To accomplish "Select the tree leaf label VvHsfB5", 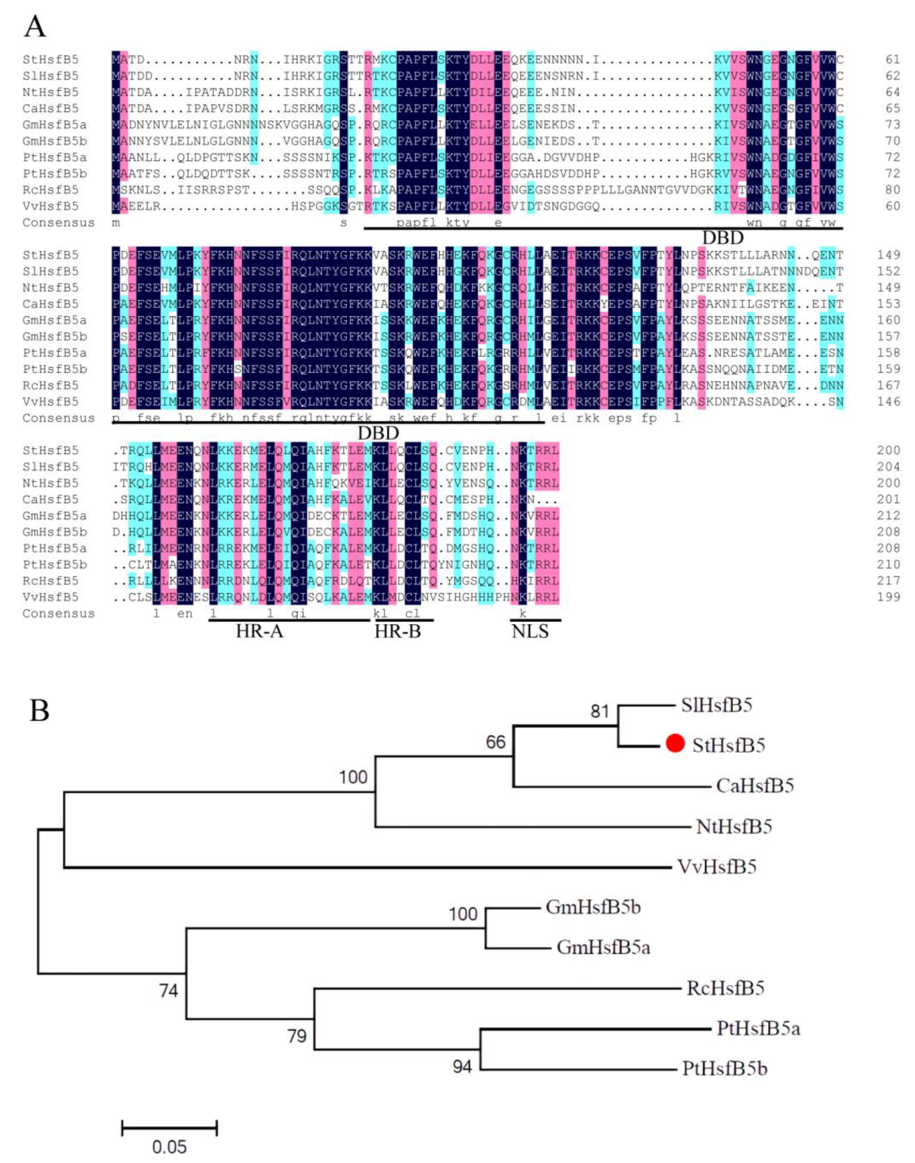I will pos(717,867).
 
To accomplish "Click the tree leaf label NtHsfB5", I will pos(734,827).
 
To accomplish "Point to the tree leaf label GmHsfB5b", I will pos(593,907).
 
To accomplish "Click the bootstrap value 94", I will pos(462,1067).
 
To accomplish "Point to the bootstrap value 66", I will pos(496,742).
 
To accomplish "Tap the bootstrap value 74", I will pos(168,990).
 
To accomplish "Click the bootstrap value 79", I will pos(297,1036).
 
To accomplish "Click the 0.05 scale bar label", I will pos(169,1147).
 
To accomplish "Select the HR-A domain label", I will pos(259,632).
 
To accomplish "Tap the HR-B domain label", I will pos(398,632).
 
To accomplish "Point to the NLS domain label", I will pos(530,632).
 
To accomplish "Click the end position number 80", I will pos(892,190).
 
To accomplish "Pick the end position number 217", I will pos(889,581).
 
